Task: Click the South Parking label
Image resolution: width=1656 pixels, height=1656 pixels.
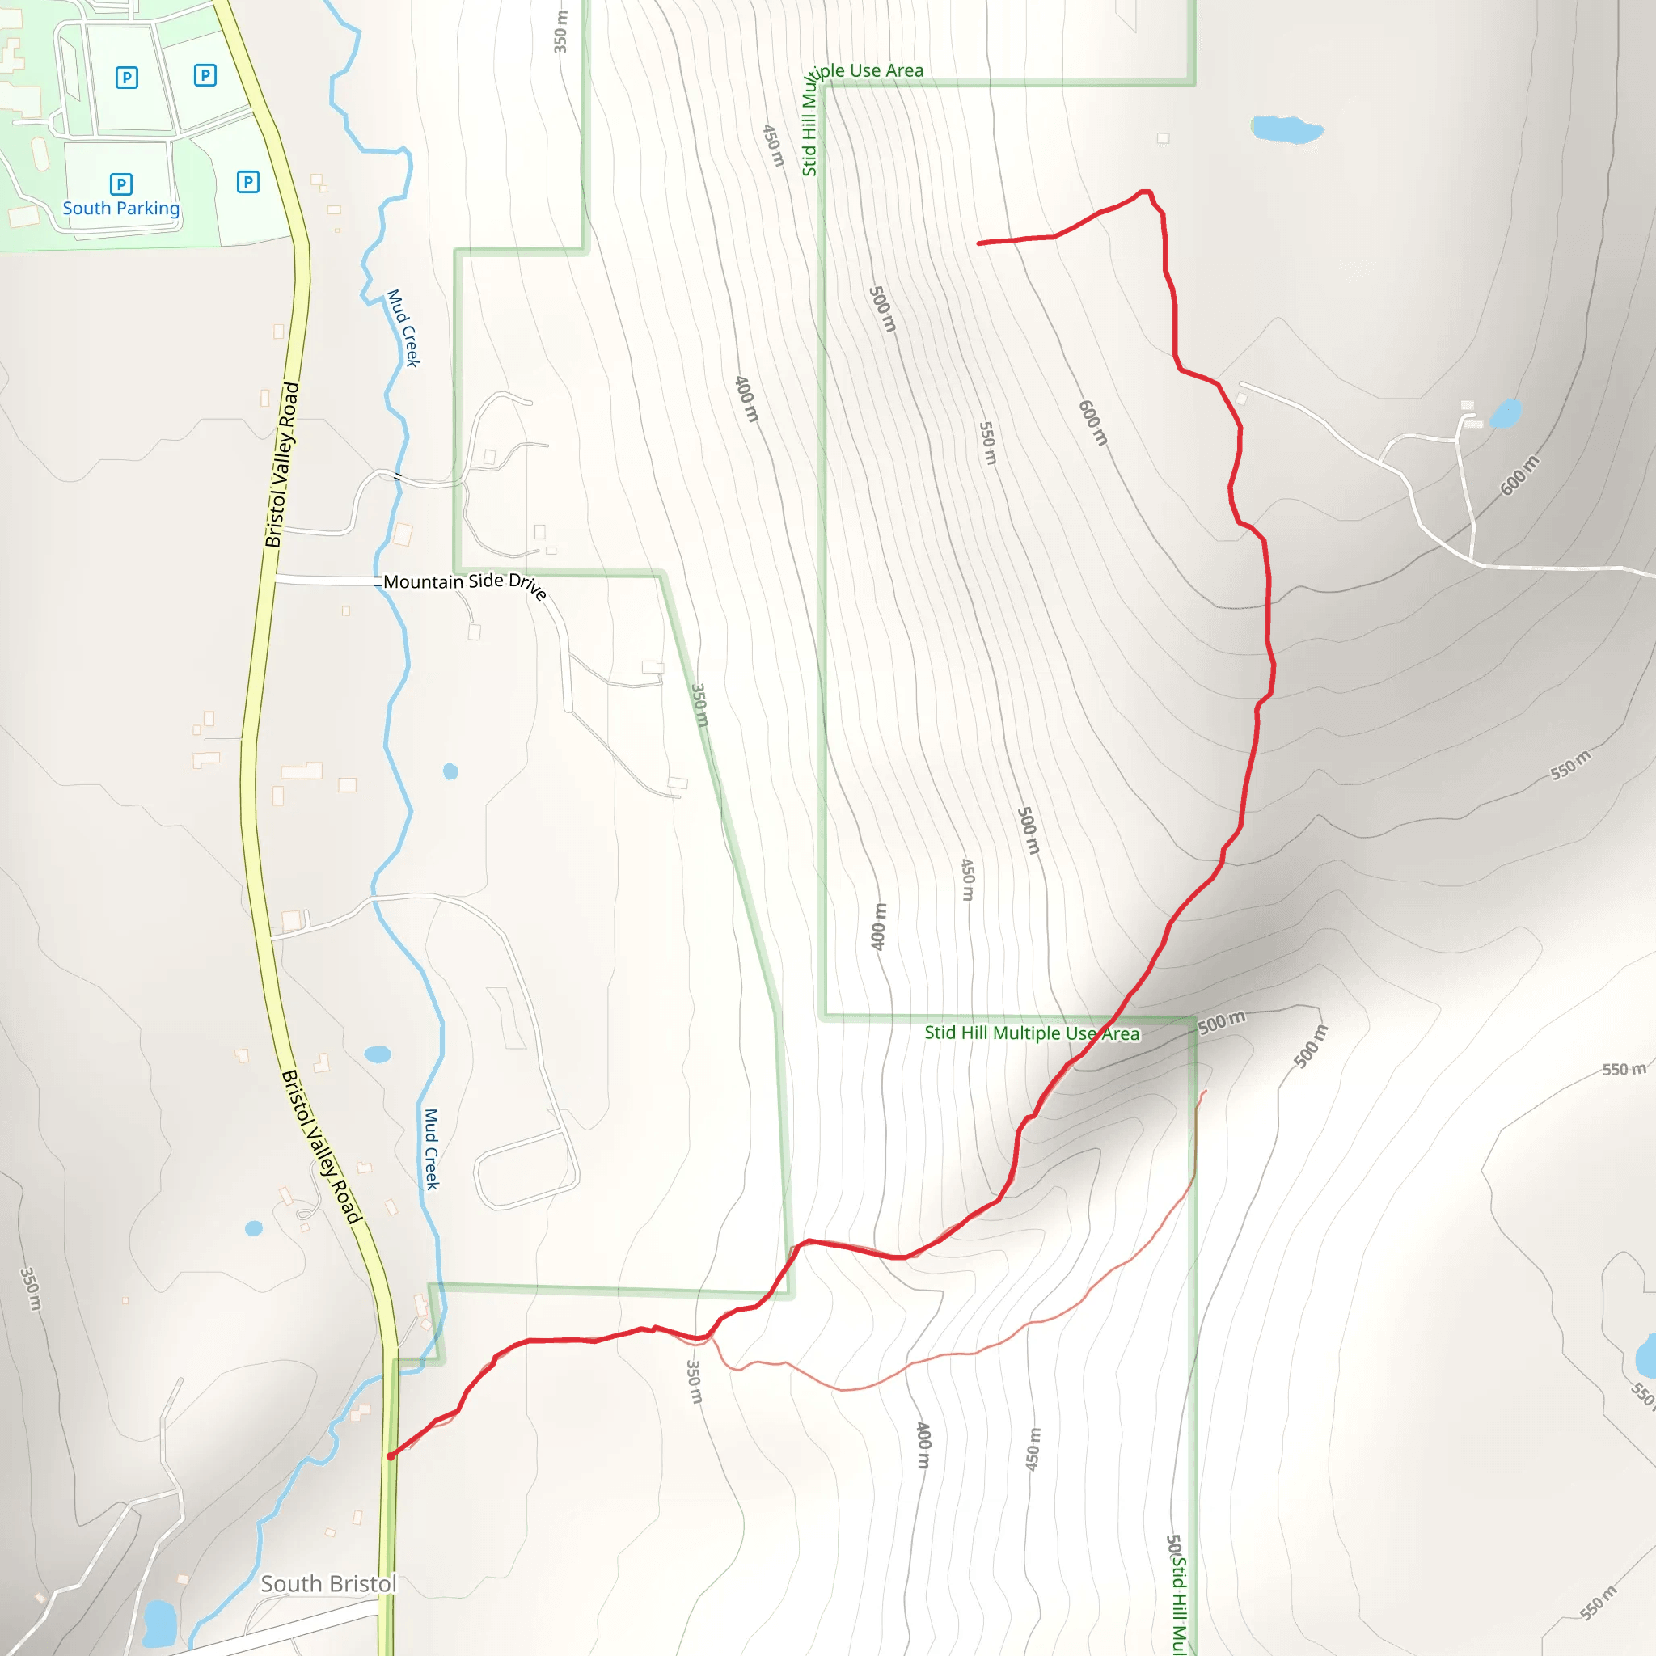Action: click(x=120, y=209)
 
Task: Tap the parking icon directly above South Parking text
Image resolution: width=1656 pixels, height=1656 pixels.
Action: click(x=120, y=184)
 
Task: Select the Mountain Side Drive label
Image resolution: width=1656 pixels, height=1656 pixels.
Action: click(x=463, y=583)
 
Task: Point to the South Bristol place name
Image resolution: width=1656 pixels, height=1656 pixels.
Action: click(x=328, y=1583)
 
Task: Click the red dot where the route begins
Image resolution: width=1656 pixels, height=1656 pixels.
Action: click(x=391, y=1456)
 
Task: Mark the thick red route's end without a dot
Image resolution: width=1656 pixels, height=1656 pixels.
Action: click(x=979, y=243)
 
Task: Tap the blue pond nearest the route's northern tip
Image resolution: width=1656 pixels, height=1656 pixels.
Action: click(x=1286, y=129)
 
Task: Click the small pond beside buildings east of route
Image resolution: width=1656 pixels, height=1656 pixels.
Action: click(x=1506, y=413)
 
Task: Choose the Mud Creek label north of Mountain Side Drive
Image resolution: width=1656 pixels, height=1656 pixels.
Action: click(x=403, y=328)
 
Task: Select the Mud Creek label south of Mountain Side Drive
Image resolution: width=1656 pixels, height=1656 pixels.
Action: click(x=431, y=1148)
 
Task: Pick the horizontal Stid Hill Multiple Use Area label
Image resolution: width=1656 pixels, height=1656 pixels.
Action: click(x=1032, y=1033)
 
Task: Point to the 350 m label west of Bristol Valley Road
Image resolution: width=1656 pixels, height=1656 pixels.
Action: click(x=30, y=1288)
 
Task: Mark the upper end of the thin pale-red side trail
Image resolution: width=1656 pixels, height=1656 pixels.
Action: click(x=1205, y=1091)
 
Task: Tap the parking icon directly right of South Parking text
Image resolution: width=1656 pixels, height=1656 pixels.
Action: click(x=247, y=182)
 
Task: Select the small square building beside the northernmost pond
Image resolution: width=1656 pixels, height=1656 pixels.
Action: click(x=1163, y=138)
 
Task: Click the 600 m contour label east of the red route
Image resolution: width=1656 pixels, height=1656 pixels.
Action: click(x=1519, y=475)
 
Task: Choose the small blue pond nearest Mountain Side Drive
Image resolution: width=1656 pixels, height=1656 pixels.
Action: click(x=450, y=771)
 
